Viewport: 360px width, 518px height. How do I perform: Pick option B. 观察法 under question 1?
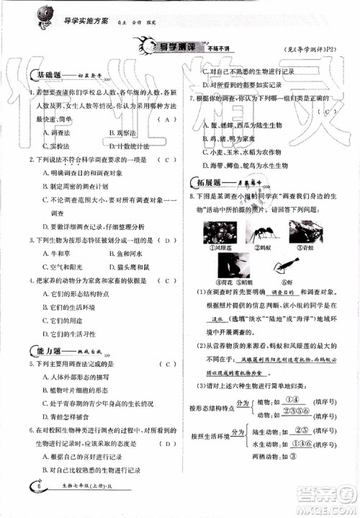point(122,132)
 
